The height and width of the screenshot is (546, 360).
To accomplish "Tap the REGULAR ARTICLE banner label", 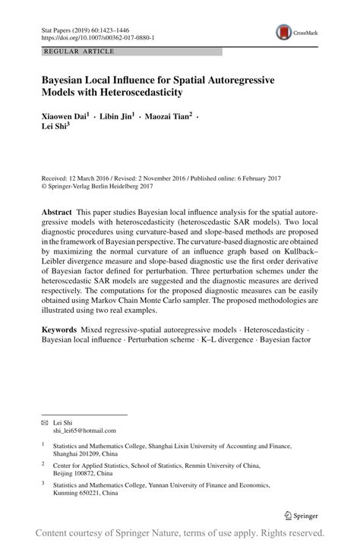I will [80, 52].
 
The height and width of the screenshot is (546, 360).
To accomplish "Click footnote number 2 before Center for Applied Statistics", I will [43, 463].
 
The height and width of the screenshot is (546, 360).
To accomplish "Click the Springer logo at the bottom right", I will [302, 515].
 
